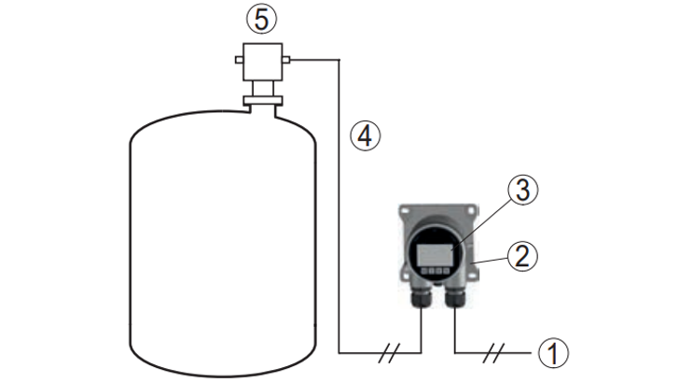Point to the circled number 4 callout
tap(366, 135)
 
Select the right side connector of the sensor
tap(286, 62)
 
